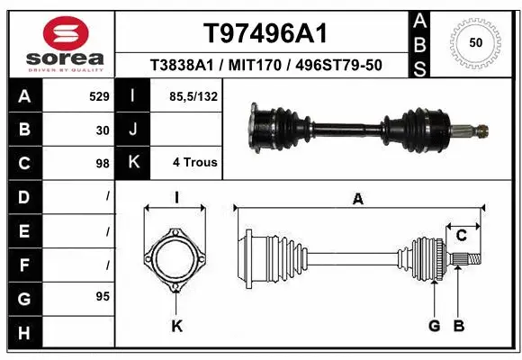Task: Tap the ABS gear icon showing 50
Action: point(473,41)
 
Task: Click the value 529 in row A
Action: point(100,94)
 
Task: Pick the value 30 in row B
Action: point(103,129)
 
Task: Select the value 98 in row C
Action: point(103,163)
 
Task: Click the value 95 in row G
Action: point(103,296)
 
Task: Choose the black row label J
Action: point(132,129)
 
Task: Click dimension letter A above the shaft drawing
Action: point(357,201)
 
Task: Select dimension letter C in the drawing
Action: point(461,236)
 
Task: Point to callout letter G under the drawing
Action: point(434,326)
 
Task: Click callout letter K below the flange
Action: point(177,326)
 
